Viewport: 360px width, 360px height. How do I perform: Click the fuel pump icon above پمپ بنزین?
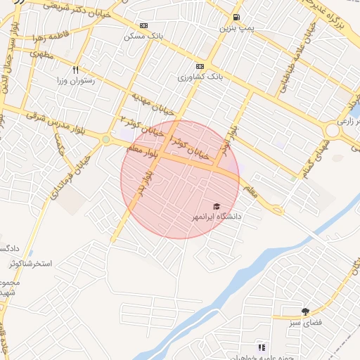click(x=236, y=18)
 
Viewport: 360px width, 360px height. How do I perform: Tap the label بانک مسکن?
click(x=143, y=36)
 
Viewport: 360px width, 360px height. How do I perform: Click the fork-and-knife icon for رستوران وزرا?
click(x=75, y=70)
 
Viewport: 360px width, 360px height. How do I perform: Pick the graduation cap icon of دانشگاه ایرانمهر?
click(x=217, y=207)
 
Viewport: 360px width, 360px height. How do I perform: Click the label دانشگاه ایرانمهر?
click(x=217, y=217)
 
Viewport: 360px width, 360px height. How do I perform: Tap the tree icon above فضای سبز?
click(x=305, y=311)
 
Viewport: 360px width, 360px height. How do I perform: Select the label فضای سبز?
click(x=302, y=322)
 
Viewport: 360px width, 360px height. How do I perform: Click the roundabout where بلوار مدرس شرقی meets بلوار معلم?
click(x=106, y=139)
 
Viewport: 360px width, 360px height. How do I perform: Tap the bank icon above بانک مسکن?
click(x=143, y=25)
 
